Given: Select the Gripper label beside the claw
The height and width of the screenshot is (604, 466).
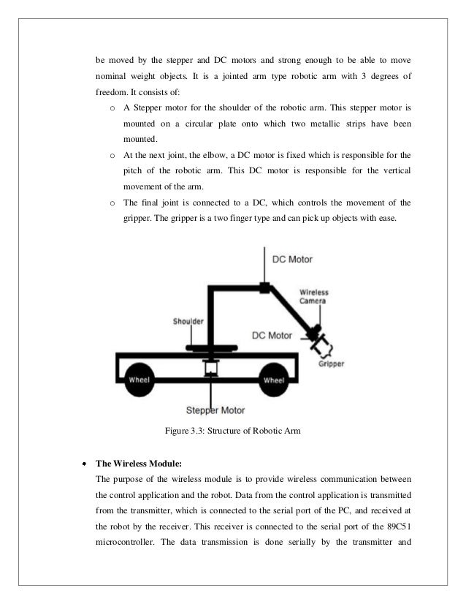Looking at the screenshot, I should [x=330, y=363].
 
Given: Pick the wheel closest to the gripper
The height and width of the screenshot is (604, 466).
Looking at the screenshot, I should [x=274, y=380].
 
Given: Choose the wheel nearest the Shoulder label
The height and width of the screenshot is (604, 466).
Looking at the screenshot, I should [x=140, y=380].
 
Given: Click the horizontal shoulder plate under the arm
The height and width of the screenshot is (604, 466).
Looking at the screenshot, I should [x=209, y=348].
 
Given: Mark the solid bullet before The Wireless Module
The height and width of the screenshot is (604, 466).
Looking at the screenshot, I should [x=84, y=464].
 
